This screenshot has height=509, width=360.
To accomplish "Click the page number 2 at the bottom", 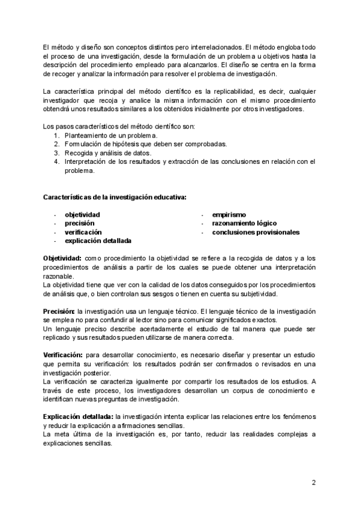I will (313, 482).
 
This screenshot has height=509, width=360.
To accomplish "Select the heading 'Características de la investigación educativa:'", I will (115, 197).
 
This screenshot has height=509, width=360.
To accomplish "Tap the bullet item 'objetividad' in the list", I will (82, 214).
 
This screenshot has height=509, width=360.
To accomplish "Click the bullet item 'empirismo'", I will (229, 214).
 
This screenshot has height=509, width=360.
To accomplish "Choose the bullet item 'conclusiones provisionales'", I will (256, 232).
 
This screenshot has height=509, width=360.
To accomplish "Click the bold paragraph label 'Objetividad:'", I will (62, 258).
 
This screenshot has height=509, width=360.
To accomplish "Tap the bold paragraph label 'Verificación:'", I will (63, 355).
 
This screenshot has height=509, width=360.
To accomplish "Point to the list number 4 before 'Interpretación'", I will (56, 161).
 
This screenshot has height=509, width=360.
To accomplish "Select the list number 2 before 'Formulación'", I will (56, 144).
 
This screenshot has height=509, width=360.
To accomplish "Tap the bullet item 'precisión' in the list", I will (79, 223).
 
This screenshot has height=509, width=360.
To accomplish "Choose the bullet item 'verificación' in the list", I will (83, 232).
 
